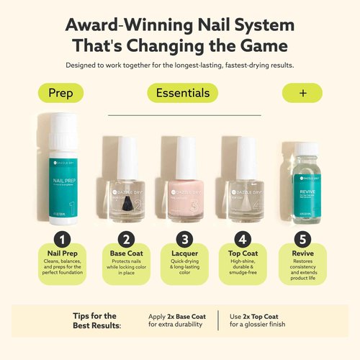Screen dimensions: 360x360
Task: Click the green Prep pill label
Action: [x=60, y=94]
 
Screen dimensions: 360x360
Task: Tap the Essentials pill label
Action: [x=183, y=93]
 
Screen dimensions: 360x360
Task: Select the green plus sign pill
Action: [x=302, y=94]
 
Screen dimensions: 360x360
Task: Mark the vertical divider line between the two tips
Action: [x=218, y=320]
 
